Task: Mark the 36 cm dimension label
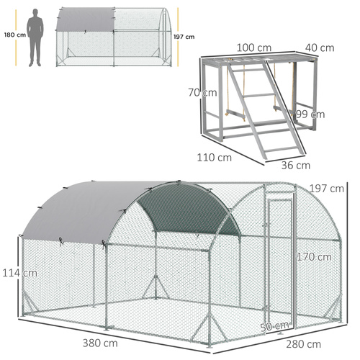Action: [296, 165]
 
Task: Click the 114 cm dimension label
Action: [19, 273]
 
